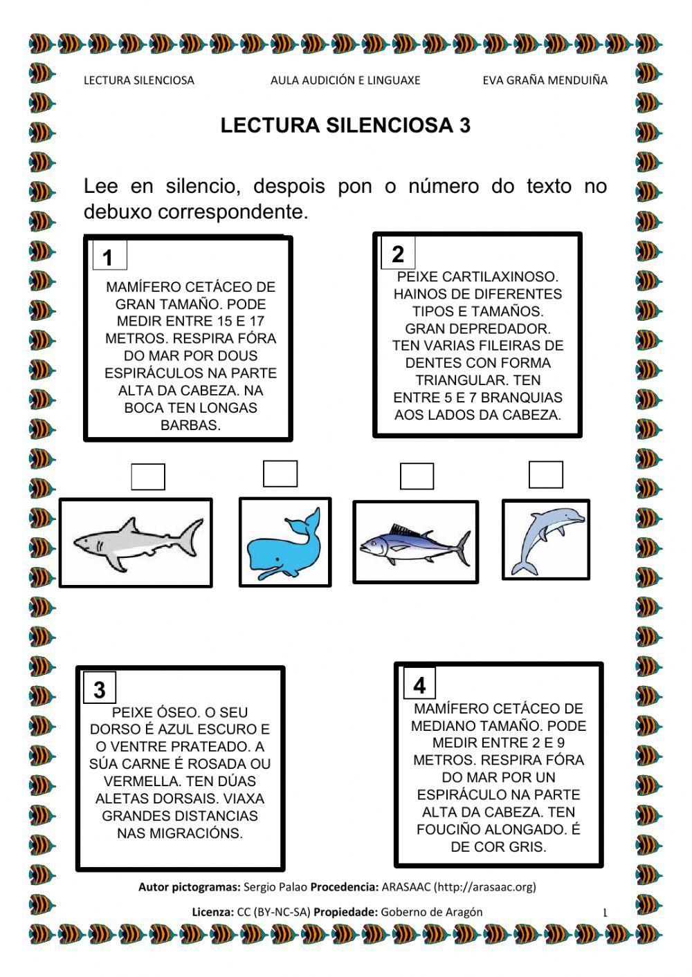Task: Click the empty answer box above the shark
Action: click(x=148, y=477)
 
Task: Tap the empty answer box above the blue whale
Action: click(x=280, y=474)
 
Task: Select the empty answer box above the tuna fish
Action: click(x=417, y=476)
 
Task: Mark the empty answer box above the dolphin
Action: click(x=546, y=474)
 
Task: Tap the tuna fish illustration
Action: click(x=415, y=543)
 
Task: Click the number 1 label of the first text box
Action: click(x=108, y=258)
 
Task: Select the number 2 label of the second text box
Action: click(x=398, y=254)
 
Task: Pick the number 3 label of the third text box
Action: click(x=100, y=689)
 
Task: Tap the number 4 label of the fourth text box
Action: click(x=419, y=685)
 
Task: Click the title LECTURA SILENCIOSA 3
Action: click(x=345, y=126)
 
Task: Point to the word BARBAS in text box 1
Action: click(x=190, y=425)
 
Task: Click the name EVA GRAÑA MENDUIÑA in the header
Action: click(x=545, y=80)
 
